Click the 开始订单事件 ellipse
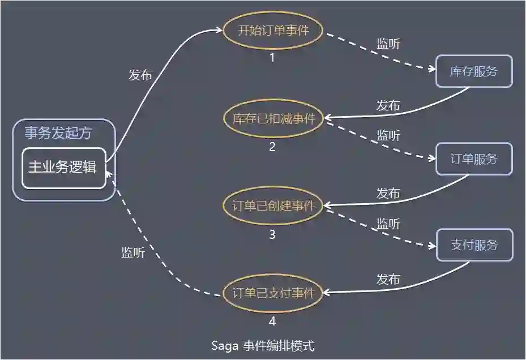[x=273, y=31]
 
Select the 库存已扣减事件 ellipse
[x=273, y=118]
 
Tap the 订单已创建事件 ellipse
[x=273, y=205]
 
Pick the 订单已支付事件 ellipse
[x=273, y=293]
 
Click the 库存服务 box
[x=474, y=71]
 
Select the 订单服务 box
[x=474, y=159]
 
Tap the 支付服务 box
[x=474, y=245]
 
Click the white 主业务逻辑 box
[x=63, y=168]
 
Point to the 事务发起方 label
[x=58, y=134]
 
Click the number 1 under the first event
[x=272, y=57]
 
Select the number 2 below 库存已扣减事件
[x=272, y=147]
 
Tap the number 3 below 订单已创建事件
[x=272, y=234]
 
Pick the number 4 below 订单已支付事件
[x=272, y=322]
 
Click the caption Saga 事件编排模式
[x=262, y=345]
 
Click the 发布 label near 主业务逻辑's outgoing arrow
[x=140, y=75]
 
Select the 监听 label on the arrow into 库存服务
[x=388, y=44]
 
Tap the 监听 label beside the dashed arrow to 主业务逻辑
[x=133, y=253]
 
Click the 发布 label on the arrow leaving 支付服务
[x=388, y=280]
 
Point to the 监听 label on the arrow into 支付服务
[x=388, y=224]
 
